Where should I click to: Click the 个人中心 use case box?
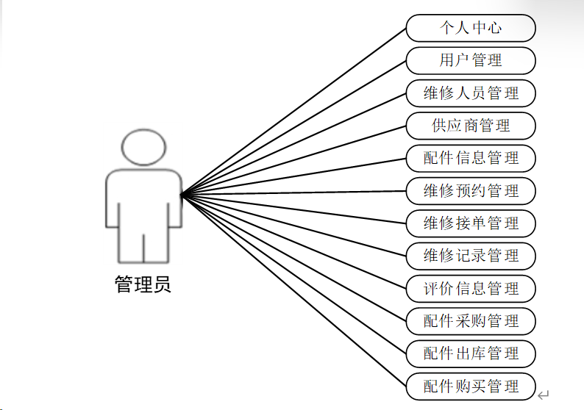pyautogui.click(x=471, y=29)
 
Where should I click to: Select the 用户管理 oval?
pyautogui.click(x=471, y=61)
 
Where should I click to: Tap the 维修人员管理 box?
pyautogui.click(x=471, y=93)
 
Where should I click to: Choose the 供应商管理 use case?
pyautogui.click(x=471, y=126)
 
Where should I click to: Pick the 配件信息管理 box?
pyautogui.click(x=471, y=158)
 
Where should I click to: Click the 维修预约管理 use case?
pyautogui.click(x=471, y=191)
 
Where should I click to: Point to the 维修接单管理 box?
pyautogui.click(x=471, y=223)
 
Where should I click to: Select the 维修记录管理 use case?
pyautogui.click(x=471, y=256)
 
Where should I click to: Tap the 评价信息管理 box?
pyautogui.click(x=471, y=288)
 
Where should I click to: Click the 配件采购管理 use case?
pyautogui.click(x=471, y=321)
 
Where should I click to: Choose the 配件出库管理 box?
pyautogui.click(x=471, y=353)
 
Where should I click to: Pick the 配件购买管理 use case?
pyautogui.click(x=471, y=386)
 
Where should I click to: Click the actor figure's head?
pyautogui.click(x=143, y=146)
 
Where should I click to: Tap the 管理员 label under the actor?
pyautogui.click(x=143, y=285)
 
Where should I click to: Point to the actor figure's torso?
pyautogui.click(x=143, y=198)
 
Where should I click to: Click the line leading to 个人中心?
pyautogui.click(x=294, y=111)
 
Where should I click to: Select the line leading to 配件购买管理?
pyautogui.click(x=294, y=290)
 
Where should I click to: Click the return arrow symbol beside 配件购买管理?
pyautogui.click(x=544, y=395)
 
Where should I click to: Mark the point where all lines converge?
pyautogui.click(x=182, y=195)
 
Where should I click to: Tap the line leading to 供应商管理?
pyautogui.click(x=294, y=160)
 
